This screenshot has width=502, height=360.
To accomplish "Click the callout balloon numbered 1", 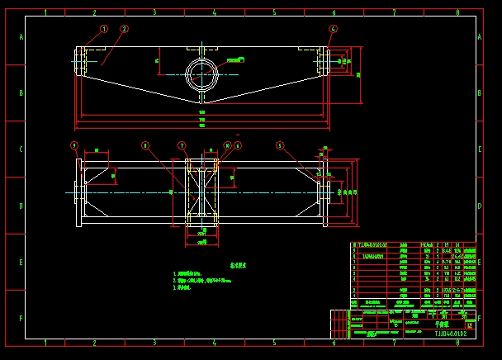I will pos(104,28).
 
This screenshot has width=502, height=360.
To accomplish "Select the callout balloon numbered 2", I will pos(124,28).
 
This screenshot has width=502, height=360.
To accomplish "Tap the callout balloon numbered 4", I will pos(333,28).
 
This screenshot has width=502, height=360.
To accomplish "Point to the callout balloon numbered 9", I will pos(73,144).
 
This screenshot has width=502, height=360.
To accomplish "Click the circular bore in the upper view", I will pos(201,74).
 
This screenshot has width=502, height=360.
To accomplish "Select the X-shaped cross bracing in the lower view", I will pos(201,193).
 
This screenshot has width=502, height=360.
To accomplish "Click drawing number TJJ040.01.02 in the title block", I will pos(450,334).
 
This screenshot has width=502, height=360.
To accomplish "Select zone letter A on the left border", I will pos(21,39).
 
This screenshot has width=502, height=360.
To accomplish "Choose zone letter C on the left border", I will pos(21,149).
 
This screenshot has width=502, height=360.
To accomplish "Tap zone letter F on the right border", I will pos(481,317).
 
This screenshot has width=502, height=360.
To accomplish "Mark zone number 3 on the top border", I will pos(154,13).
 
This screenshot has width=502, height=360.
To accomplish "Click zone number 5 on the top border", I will pos(274,13).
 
